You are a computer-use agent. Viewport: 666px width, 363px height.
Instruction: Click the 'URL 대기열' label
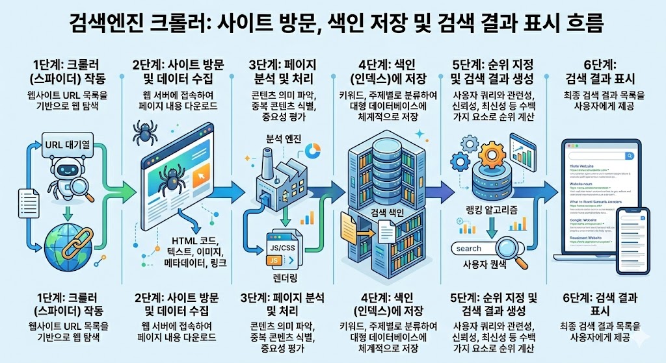point(67,144)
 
